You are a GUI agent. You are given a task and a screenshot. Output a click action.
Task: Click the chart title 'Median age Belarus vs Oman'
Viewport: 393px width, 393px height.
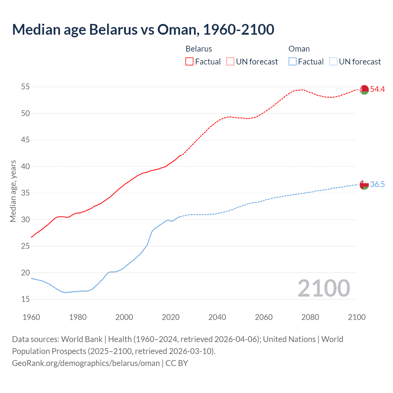[x=143, y=30]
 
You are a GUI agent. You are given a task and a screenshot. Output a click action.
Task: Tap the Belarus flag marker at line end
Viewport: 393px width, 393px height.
[x=364, y=90]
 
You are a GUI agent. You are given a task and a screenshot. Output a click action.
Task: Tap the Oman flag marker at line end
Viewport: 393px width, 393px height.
[x=364, y=185]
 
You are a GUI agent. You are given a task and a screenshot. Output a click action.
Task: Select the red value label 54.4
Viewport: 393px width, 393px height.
[x=377, y=89]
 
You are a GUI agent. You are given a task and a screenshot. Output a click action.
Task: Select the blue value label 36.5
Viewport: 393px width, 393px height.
[x=377, y=185]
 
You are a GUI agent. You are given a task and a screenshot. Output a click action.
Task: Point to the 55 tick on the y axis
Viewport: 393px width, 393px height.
[x=25, y=87]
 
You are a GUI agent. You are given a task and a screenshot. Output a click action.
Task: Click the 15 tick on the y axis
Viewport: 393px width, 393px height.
[x=25, y=299]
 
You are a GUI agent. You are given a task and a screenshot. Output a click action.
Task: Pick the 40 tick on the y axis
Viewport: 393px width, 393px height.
[x=25, y=167]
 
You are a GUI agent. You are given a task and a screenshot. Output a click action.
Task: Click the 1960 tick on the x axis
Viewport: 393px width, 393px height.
[x=31, y=317]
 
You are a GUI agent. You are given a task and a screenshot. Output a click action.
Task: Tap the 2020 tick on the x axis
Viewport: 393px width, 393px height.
[x=171, y=317]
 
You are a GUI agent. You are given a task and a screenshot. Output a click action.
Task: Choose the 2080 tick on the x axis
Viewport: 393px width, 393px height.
[x=310, y=317]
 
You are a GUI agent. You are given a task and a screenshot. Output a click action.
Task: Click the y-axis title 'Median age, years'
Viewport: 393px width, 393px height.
[x=13, y=191]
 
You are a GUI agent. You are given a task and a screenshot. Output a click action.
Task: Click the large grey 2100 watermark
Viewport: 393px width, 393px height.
[x=324, y=288]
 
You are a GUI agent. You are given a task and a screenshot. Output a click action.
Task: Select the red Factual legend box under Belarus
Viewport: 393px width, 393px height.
[x=189, y=62]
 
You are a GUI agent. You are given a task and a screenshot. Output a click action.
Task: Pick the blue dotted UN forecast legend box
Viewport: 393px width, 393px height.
[x=333, y=62]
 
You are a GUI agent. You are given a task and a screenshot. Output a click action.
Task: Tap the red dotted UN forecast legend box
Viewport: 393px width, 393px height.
[x=230, y=62]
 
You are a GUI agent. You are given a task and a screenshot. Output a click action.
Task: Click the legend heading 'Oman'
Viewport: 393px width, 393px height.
[x=299, y=49]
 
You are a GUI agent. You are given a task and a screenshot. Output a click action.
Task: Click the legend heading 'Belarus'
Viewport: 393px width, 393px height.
[x=199, y=49]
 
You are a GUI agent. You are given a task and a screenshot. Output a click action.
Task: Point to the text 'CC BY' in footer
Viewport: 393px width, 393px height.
[x=177, y=363]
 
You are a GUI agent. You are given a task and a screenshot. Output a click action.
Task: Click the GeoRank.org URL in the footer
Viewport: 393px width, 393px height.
[x=86, y=363]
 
